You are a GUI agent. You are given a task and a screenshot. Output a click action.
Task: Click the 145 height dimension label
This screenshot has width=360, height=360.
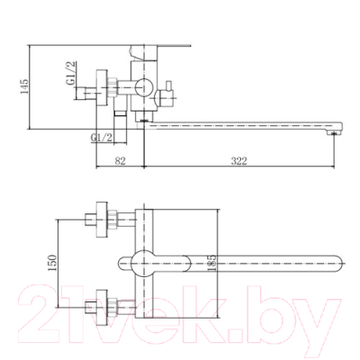coord(24,86)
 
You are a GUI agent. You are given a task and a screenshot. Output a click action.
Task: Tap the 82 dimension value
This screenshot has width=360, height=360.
coord(120,161)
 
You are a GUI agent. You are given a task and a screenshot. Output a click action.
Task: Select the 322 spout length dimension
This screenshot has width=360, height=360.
coord(238,161)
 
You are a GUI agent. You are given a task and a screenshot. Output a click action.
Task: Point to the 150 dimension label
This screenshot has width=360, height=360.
coord(52,263)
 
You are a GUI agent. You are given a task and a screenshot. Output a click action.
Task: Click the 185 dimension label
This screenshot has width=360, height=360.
coord(211,263)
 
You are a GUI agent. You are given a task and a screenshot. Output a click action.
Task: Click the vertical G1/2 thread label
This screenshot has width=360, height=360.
coord(71,73)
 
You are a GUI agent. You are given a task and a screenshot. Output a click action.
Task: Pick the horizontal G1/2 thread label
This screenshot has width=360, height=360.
coord(102,138)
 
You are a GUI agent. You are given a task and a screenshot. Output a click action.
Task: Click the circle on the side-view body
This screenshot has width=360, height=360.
coord(144,87)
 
